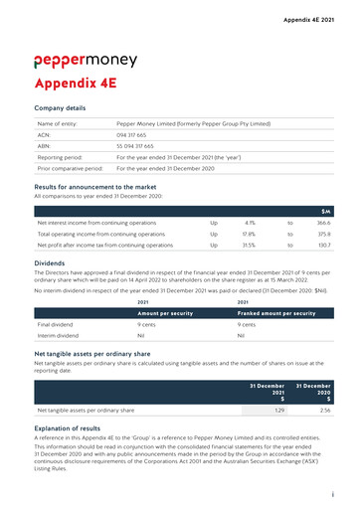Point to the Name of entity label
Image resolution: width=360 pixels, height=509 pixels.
pos(58,121)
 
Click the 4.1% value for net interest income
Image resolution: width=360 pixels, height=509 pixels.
pos(250,224)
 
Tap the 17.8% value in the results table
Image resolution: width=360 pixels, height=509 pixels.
pos(250,234)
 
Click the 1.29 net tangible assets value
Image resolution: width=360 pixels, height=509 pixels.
pos(279,410)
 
